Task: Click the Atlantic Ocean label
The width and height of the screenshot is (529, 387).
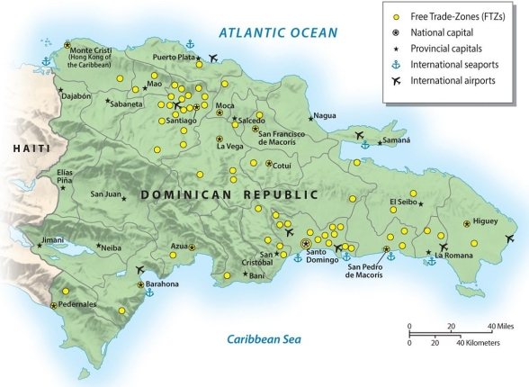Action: [x=279, y=33]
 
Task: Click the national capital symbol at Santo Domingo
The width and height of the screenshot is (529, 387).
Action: [x=306, y=243]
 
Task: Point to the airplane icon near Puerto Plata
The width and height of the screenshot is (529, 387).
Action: [x=212, y=59]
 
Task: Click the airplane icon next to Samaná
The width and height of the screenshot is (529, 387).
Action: [x=361, y=136]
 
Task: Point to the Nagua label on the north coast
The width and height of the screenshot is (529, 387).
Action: [x=325, y=115]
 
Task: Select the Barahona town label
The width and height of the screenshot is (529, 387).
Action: [x=158, y=283]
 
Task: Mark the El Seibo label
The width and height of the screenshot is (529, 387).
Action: [x=404, y=202]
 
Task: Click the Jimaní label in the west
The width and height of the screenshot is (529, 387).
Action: [x=53, y=240]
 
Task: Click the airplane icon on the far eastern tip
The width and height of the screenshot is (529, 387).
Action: [x=511, y=239]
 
